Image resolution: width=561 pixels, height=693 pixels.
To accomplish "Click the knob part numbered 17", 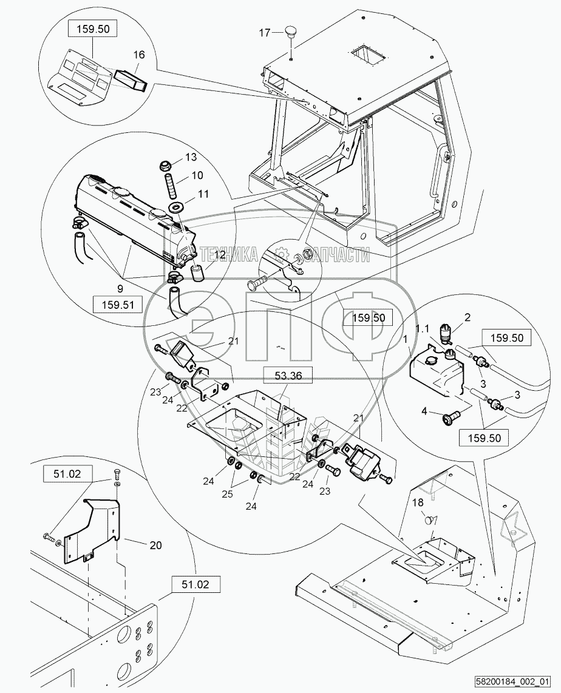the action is pyautogui.click(x=291, y=32).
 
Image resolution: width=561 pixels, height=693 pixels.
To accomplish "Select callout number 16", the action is pyautogui.click(x=139, y=55).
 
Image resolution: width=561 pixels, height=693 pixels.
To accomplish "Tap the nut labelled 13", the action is pyautogui.click(x=165, y=167).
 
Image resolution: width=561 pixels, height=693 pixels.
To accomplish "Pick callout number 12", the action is pyautogui.click(x=220, y=255).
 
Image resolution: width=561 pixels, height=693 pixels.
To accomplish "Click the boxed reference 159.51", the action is pyautogui.click(x=118, y=305).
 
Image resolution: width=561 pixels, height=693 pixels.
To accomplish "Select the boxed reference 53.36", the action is pyautogui.click(x=288, y=376).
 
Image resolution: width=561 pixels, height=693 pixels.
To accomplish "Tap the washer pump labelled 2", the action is pyautogui.click(x=448, y=333).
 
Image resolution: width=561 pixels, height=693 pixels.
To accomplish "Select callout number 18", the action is pyautogui.click(x=418, y=502).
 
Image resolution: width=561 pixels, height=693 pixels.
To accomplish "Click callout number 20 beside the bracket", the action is pyautogui.click(x=155, y=546).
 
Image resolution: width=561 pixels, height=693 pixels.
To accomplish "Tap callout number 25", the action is pyautogui.click(x=227, y=494).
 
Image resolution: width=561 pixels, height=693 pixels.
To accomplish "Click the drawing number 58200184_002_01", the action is pyautogui.click(x=512, y=681).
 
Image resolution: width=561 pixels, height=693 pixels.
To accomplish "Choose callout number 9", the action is pyautogui.click(x=120, y=289).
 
